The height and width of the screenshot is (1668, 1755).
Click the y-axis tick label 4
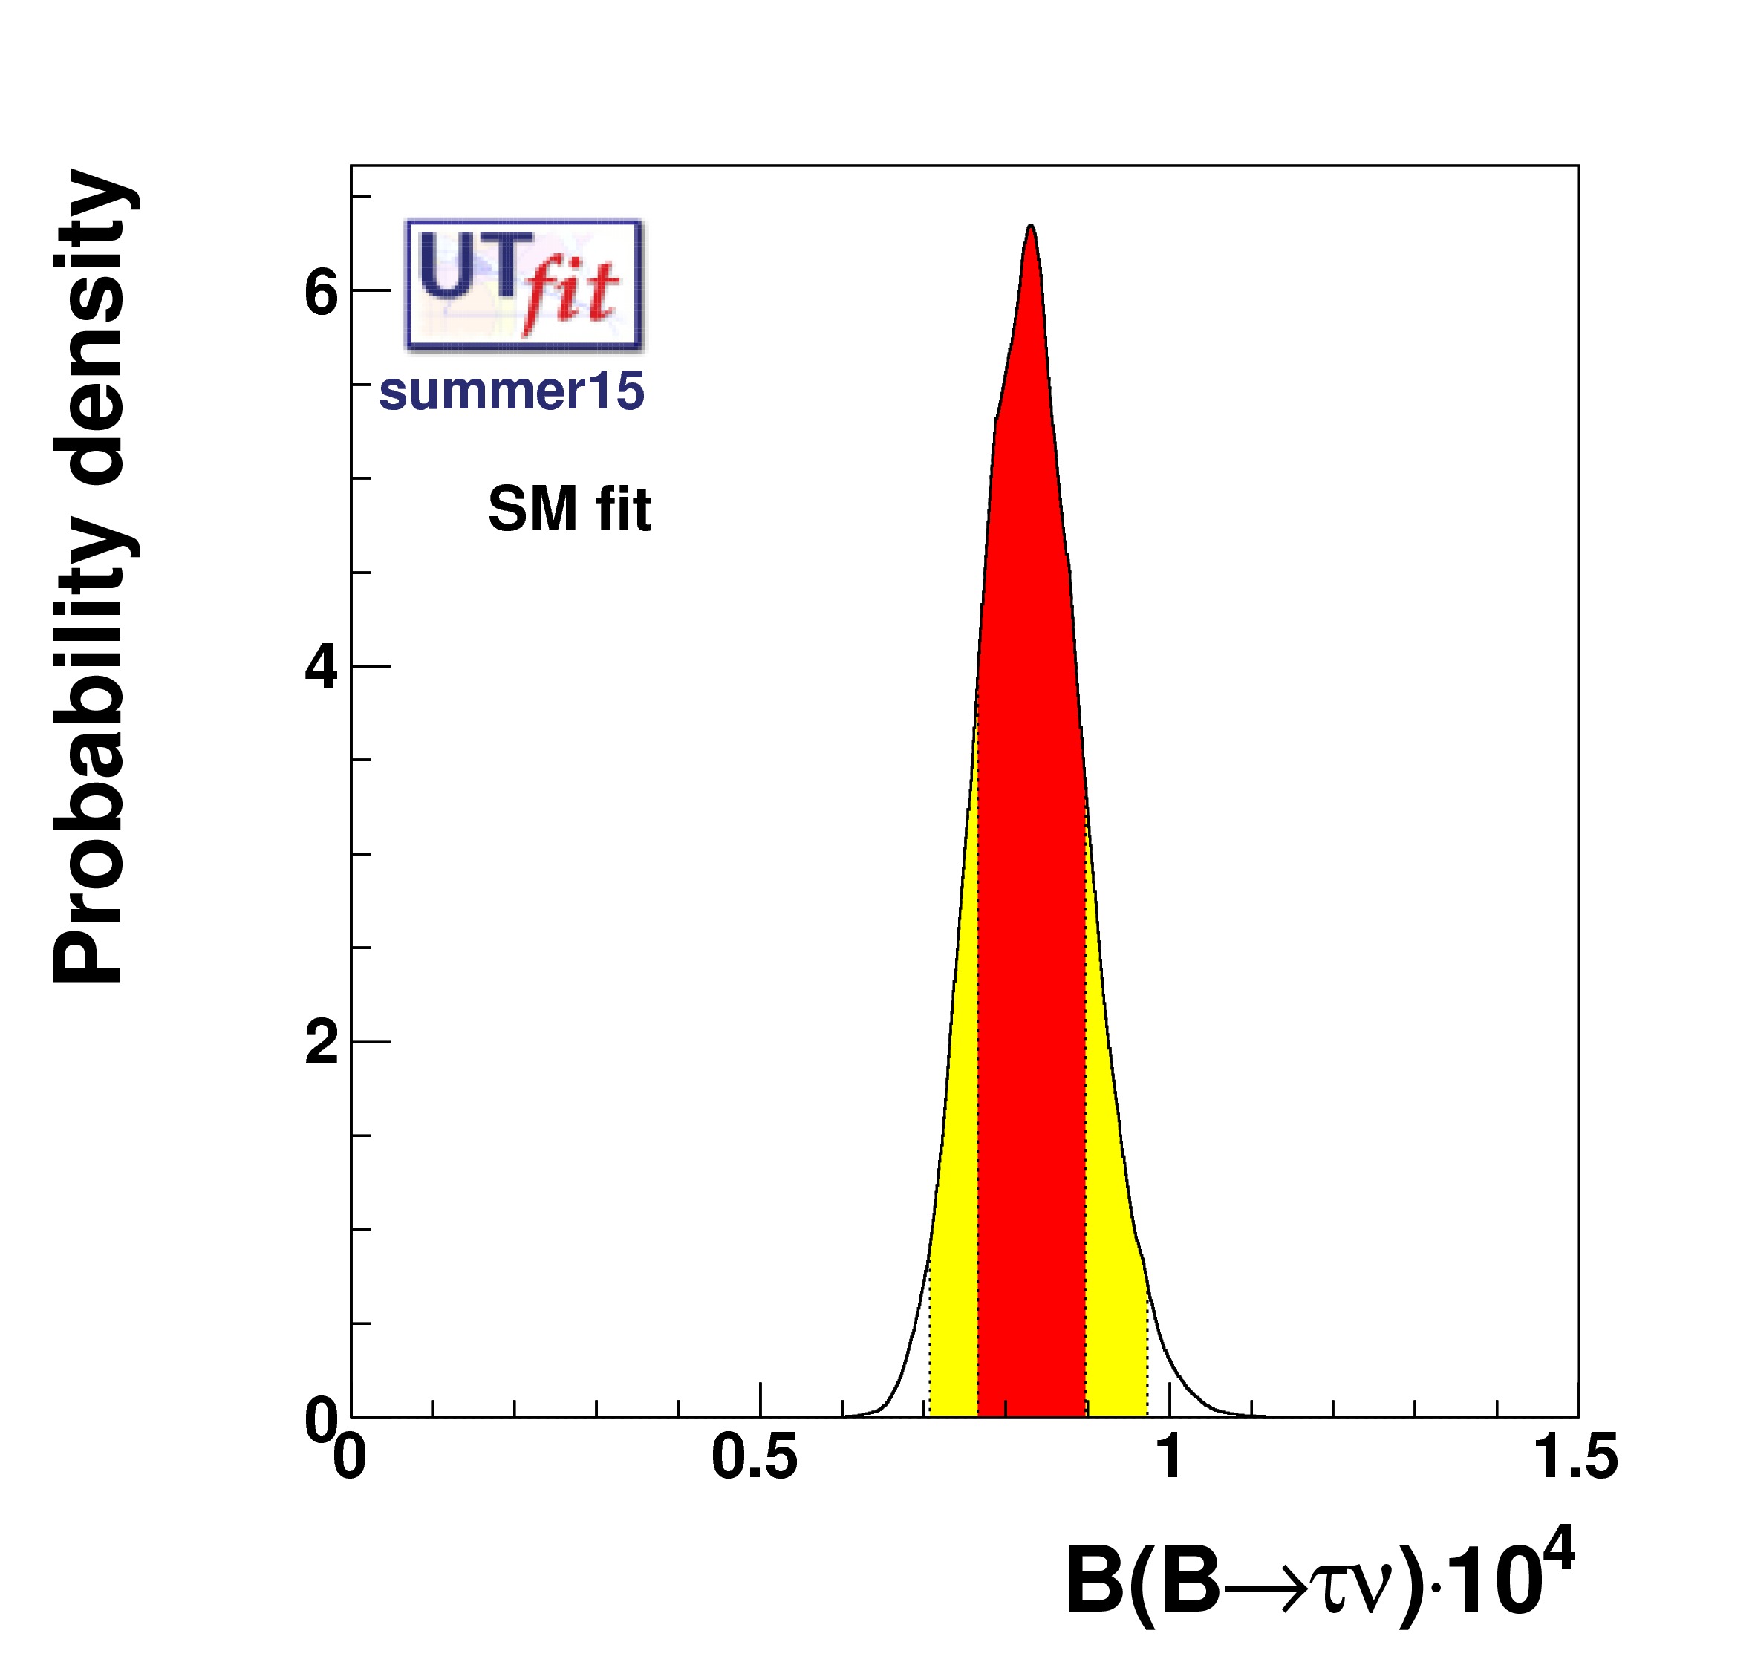coord(321,667)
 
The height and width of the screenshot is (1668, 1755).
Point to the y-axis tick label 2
coord(321,1043)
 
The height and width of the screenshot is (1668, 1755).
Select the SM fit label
coord(569,509)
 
